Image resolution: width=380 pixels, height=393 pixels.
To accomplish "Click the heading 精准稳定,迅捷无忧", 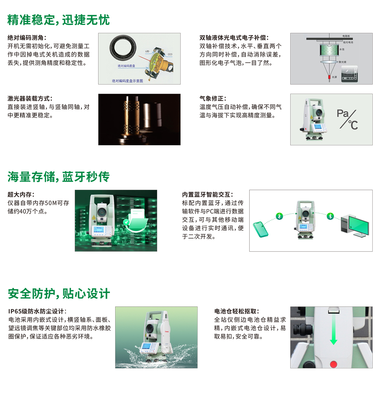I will [x=59, y=20].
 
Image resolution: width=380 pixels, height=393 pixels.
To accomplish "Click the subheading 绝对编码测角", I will [x=27, y=38].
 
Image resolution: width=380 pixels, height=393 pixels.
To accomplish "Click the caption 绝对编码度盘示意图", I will [x=127, y=81].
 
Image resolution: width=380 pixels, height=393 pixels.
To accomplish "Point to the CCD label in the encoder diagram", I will [x=170, y=54].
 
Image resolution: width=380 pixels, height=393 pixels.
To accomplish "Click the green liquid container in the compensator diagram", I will [x=329, y=50].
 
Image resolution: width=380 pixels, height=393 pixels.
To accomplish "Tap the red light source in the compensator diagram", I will [x=329, y=77].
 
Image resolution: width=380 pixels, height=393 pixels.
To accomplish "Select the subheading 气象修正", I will [x=213, y=98].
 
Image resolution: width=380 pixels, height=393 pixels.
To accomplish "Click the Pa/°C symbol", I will [x=347, y=119].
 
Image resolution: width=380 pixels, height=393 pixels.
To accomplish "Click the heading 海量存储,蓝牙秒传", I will [x=59, y=177].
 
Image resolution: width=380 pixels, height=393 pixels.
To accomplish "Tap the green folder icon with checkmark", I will [x=136, y=220].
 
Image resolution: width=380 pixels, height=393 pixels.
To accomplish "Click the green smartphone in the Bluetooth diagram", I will [x=260, y=229].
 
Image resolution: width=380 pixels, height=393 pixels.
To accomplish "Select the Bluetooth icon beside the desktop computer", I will [x=330, y=216].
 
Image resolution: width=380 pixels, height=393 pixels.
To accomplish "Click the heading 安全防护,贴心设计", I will [x=59, y=294].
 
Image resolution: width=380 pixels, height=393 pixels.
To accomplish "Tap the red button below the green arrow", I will [x=333, y=364].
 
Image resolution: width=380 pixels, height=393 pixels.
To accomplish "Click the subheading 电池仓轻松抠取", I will [x=237, y=311].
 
